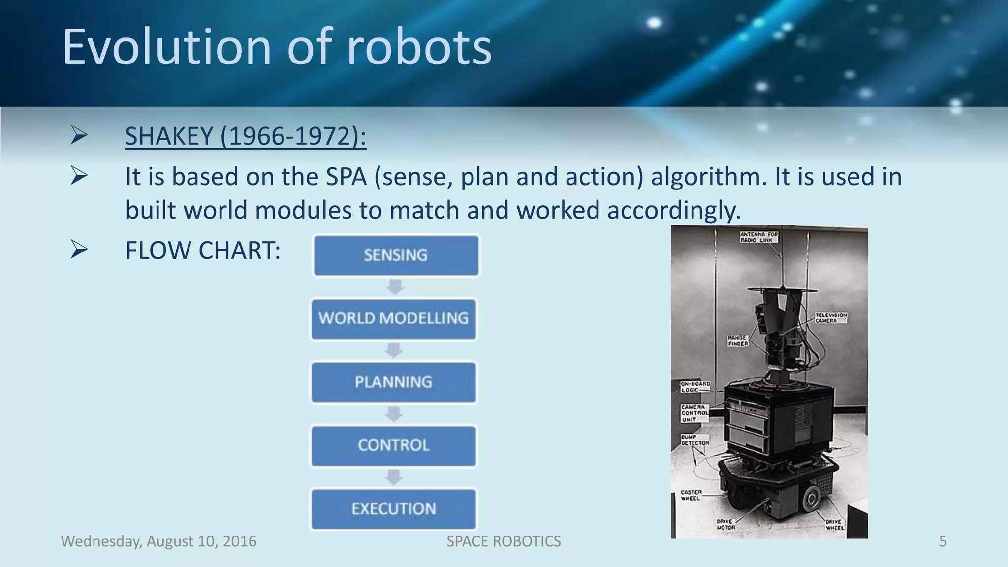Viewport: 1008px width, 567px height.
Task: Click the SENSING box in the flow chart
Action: (396, 255)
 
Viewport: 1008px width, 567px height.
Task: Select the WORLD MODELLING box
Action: (394, 318)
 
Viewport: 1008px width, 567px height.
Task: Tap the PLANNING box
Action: (394, 382)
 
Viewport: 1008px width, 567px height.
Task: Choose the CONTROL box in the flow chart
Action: (394, 445)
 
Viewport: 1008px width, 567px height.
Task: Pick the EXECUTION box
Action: (394, 509)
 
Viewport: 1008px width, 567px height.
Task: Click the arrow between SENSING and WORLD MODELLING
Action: (395, 287)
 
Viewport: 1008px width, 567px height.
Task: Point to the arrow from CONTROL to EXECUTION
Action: (394, 477)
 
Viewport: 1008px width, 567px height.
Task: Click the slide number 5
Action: (943, 541)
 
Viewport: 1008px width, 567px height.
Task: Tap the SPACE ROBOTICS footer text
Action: (504, 541)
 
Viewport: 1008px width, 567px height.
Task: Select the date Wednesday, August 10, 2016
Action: (158, 541)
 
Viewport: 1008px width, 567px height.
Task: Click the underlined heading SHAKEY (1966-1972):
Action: (245, 136)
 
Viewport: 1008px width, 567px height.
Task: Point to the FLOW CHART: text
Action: (202, 251)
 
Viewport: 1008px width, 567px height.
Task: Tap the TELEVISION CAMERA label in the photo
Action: (831, 317)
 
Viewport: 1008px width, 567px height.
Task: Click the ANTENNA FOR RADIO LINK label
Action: (758, 237)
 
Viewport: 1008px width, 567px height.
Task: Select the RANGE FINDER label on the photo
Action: (738, 341)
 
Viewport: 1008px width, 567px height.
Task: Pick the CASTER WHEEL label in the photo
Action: (691, 495)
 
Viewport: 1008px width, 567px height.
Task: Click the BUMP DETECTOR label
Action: (694, 440)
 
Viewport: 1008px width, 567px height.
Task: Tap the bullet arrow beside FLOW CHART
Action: (79, 249)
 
